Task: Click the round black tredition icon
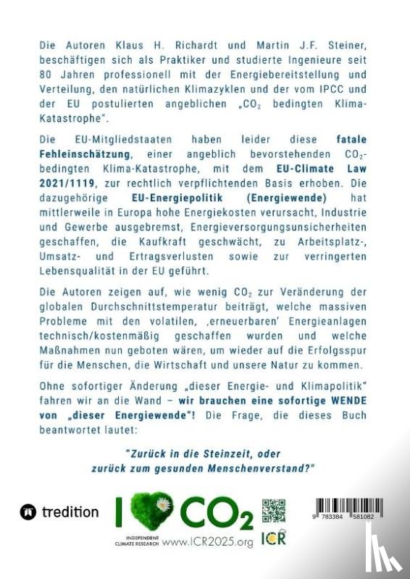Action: click(x=29, y=512)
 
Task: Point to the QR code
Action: click(x=273, y=511)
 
